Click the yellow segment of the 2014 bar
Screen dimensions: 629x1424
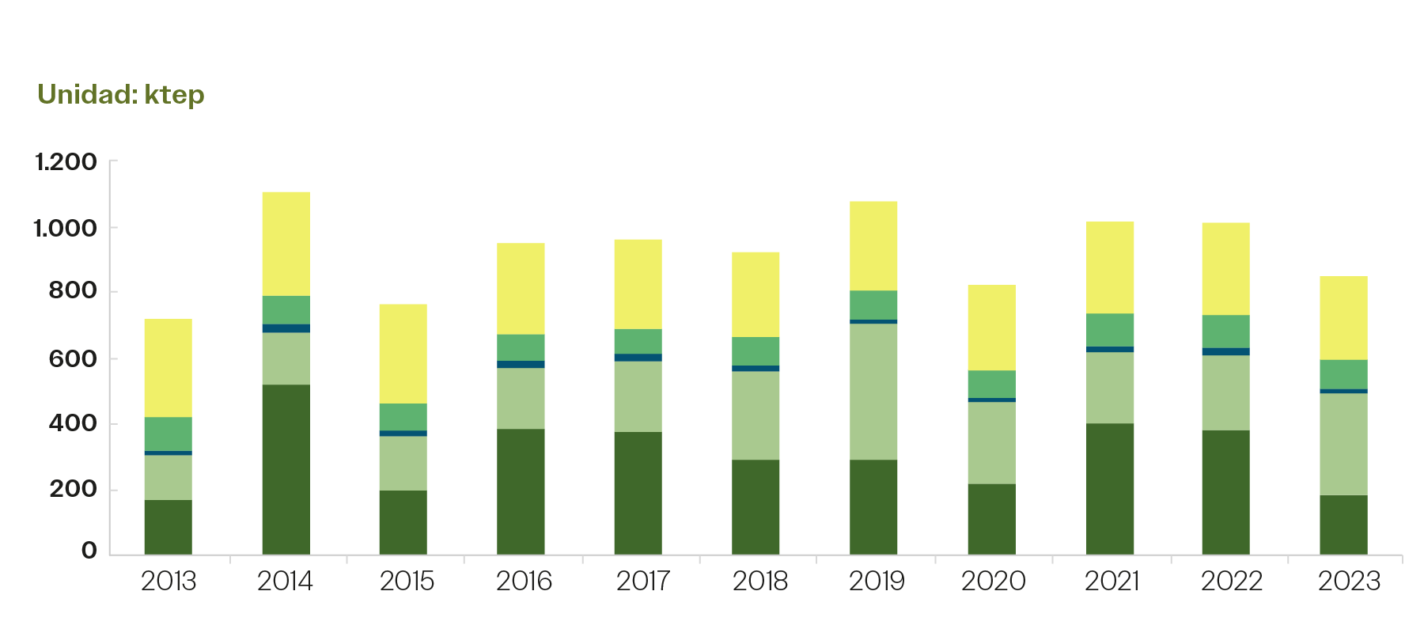[286, 244]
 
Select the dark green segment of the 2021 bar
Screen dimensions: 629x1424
[1110, 488]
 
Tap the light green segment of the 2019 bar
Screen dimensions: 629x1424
[873, 391]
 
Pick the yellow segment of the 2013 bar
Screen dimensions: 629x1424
[168, 368]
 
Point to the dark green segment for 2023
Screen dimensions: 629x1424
[1343, 524]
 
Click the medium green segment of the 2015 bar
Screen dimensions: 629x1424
[403, 417]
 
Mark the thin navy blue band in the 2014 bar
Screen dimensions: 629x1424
[286, 328]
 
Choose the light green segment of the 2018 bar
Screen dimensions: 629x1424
[756, 415]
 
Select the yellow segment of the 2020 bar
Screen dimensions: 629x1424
[991, 328]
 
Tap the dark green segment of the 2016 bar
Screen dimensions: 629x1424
[521, 491]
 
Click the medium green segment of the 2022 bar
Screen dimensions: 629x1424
[1225, 332]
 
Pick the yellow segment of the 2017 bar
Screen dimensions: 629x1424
[638, 284]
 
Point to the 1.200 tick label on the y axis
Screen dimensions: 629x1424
[66, 162]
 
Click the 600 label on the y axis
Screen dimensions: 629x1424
[72, 358]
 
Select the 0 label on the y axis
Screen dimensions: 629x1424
[89, 551]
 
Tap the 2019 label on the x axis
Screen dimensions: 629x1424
[877, 582]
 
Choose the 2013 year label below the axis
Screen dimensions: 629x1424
[169, 582]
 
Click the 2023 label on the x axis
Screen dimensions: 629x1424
[1349, 582]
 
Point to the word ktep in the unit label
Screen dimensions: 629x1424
[174, 95]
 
